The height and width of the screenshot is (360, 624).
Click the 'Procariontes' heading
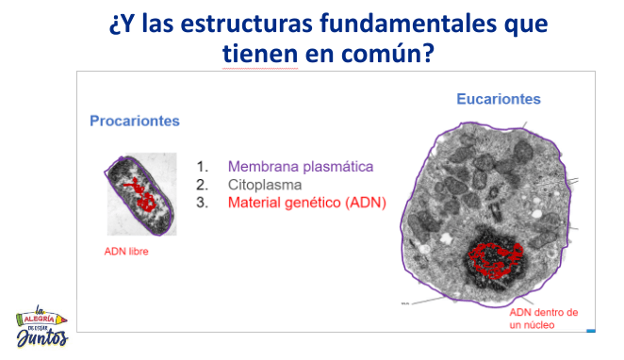[x=134, y=121]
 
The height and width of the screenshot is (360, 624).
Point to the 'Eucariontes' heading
[x=499, y=98]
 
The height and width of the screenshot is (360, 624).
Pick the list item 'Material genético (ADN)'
[x=306, y=203]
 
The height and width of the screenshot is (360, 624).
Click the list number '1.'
[x=202, y=165]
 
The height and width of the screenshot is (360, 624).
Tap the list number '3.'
[x=202, y=203]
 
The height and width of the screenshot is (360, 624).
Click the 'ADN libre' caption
[x=126, y=252]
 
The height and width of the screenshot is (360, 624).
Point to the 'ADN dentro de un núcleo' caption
[x=543, y=318]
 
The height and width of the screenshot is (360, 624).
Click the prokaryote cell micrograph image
[x=140, y=194]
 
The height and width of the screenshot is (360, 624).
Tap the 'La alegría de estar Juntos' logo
[x=41, y=325]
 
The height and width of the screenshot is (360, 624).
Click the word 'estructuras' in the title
[x=248, y=22]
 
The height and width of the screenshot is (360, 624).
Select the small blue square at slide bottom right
[x=590, y=329]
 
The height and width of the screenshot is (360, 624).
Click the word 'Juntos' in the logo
[x=42, y=338]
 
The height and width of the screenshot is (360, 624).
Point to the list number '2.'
[x=202, y=184]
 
